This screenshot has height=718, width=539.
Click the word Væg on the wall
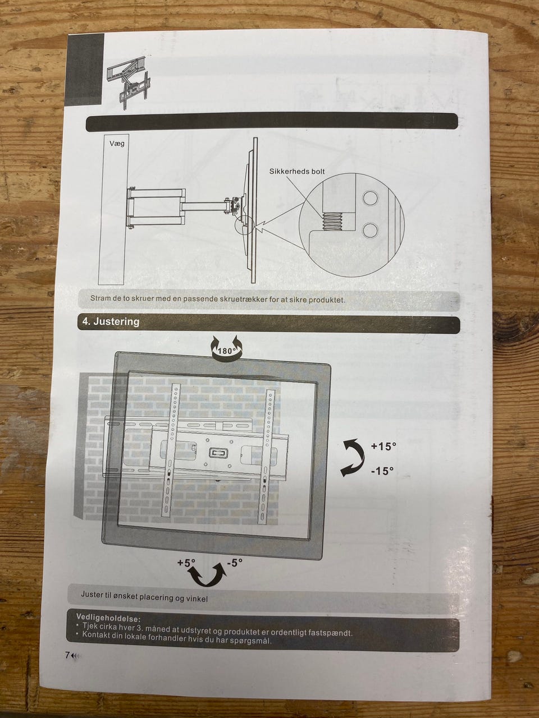[117, 143]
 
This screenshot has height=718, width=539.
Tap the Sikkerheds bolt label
[297, 171]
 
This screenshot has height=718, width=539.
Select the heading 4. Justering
[111, 321]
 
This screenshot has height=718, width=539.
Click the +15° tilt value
[383, 446]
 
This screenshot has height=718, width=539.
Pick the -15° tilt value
[382, 471]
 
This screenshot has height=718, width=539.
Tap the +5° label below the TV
[186, 563]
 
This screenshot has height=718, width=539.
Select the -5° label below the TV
[234, 562]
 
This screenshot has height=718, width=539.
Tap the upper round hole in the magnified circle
[371, 198]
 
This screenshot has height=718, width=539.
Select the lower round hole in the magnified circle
[371, 229]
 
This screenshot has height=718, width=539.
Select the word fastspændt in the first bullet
[330, 632]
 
